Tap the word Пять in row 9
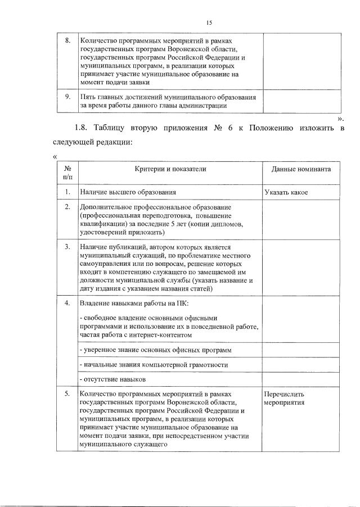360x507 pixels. tap(88, 97)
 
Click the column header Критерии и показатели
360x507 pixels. tap(170, 169)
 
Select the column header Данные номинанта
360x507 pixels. tap(301, 169)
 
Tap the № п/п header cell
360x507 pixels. tap(67, 173)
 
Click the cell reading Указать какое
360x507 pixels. tap(286, 192)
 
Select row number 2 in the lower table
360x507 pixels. tap(67, 207)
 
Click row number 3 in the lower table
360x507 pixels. tap(67, 247)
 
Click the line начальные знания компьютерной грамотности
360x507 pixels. tap(154, 365)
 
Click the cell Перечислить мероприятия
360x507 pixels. tap(286, 398)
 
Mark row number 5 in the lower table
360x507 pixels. tap(67, 393)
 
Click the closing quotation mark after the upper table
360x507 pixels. tap(339, 119)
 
